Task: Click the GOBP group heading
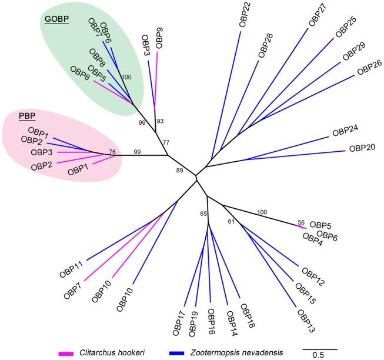tap(56, 19)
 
